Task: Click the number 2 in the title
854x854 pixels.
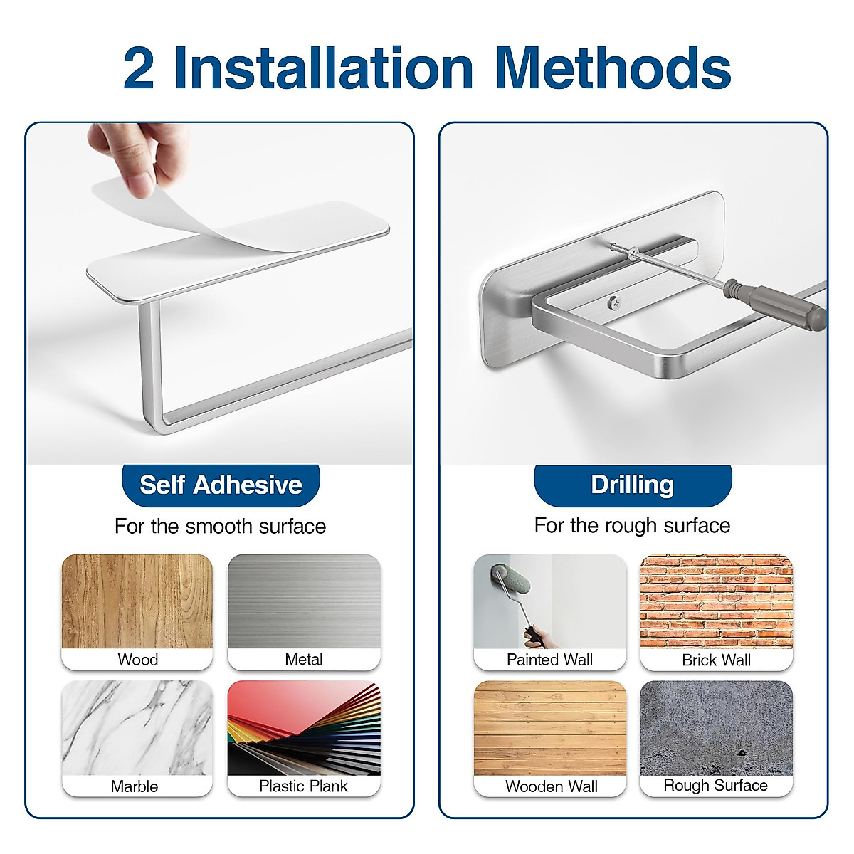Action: tap(139, 68)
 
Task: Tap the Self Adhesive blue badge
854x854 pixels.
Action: tap(221, 485)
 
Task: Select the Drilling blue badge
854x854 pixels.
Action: tap(632, 485)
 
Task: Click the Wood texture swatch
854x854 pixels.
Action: tap(137, 602)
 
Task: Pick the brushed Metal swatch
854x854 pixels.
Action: tap(304, 602)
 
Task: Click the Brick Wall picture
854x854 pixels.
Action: tap(716, 602)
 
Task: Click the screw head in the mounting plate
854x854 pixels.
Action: tap(614, 304)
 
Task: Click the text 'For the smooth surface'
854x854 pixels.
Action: tap(220, 527)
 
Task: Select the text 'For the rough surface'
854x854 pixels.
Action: tap(632, 526)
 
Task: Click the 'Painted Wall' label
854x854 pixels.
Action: tap(549, 660)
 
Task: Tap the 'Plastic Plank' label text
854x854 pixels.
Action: tap(303, 786)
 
